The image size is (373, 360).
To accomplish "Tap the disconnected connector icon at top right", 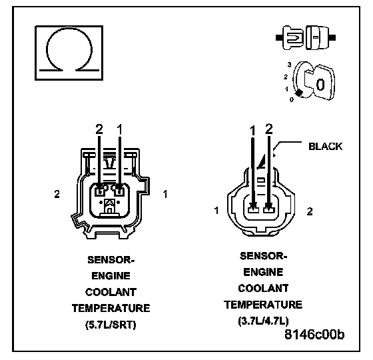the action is pyautogui.click(x=306, y=37).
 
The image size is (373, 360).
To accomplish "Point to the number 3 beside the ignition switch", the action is pyautogui.click(x=289, y=65).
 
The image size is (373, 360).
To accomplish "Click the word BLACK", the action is pyautogui.click(x=325, y=147).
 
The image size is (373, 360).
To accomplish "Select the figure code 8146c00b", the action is pyautogui.click(x=314, y=334).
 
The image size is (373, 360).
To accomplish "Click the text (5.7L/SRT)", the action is pyautogui.click(x=111, y=325).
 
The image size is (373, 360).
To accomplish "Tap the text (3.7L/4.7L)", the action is pyautogui.click(x=263, y=321).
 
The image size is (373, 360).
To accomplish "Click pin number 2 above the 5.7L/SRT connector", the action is pyautogui.click(x=99, y=129).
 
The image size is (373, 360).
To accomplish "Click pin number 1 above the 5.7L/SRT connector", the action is pyautogui.click(x=120, y=129).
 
